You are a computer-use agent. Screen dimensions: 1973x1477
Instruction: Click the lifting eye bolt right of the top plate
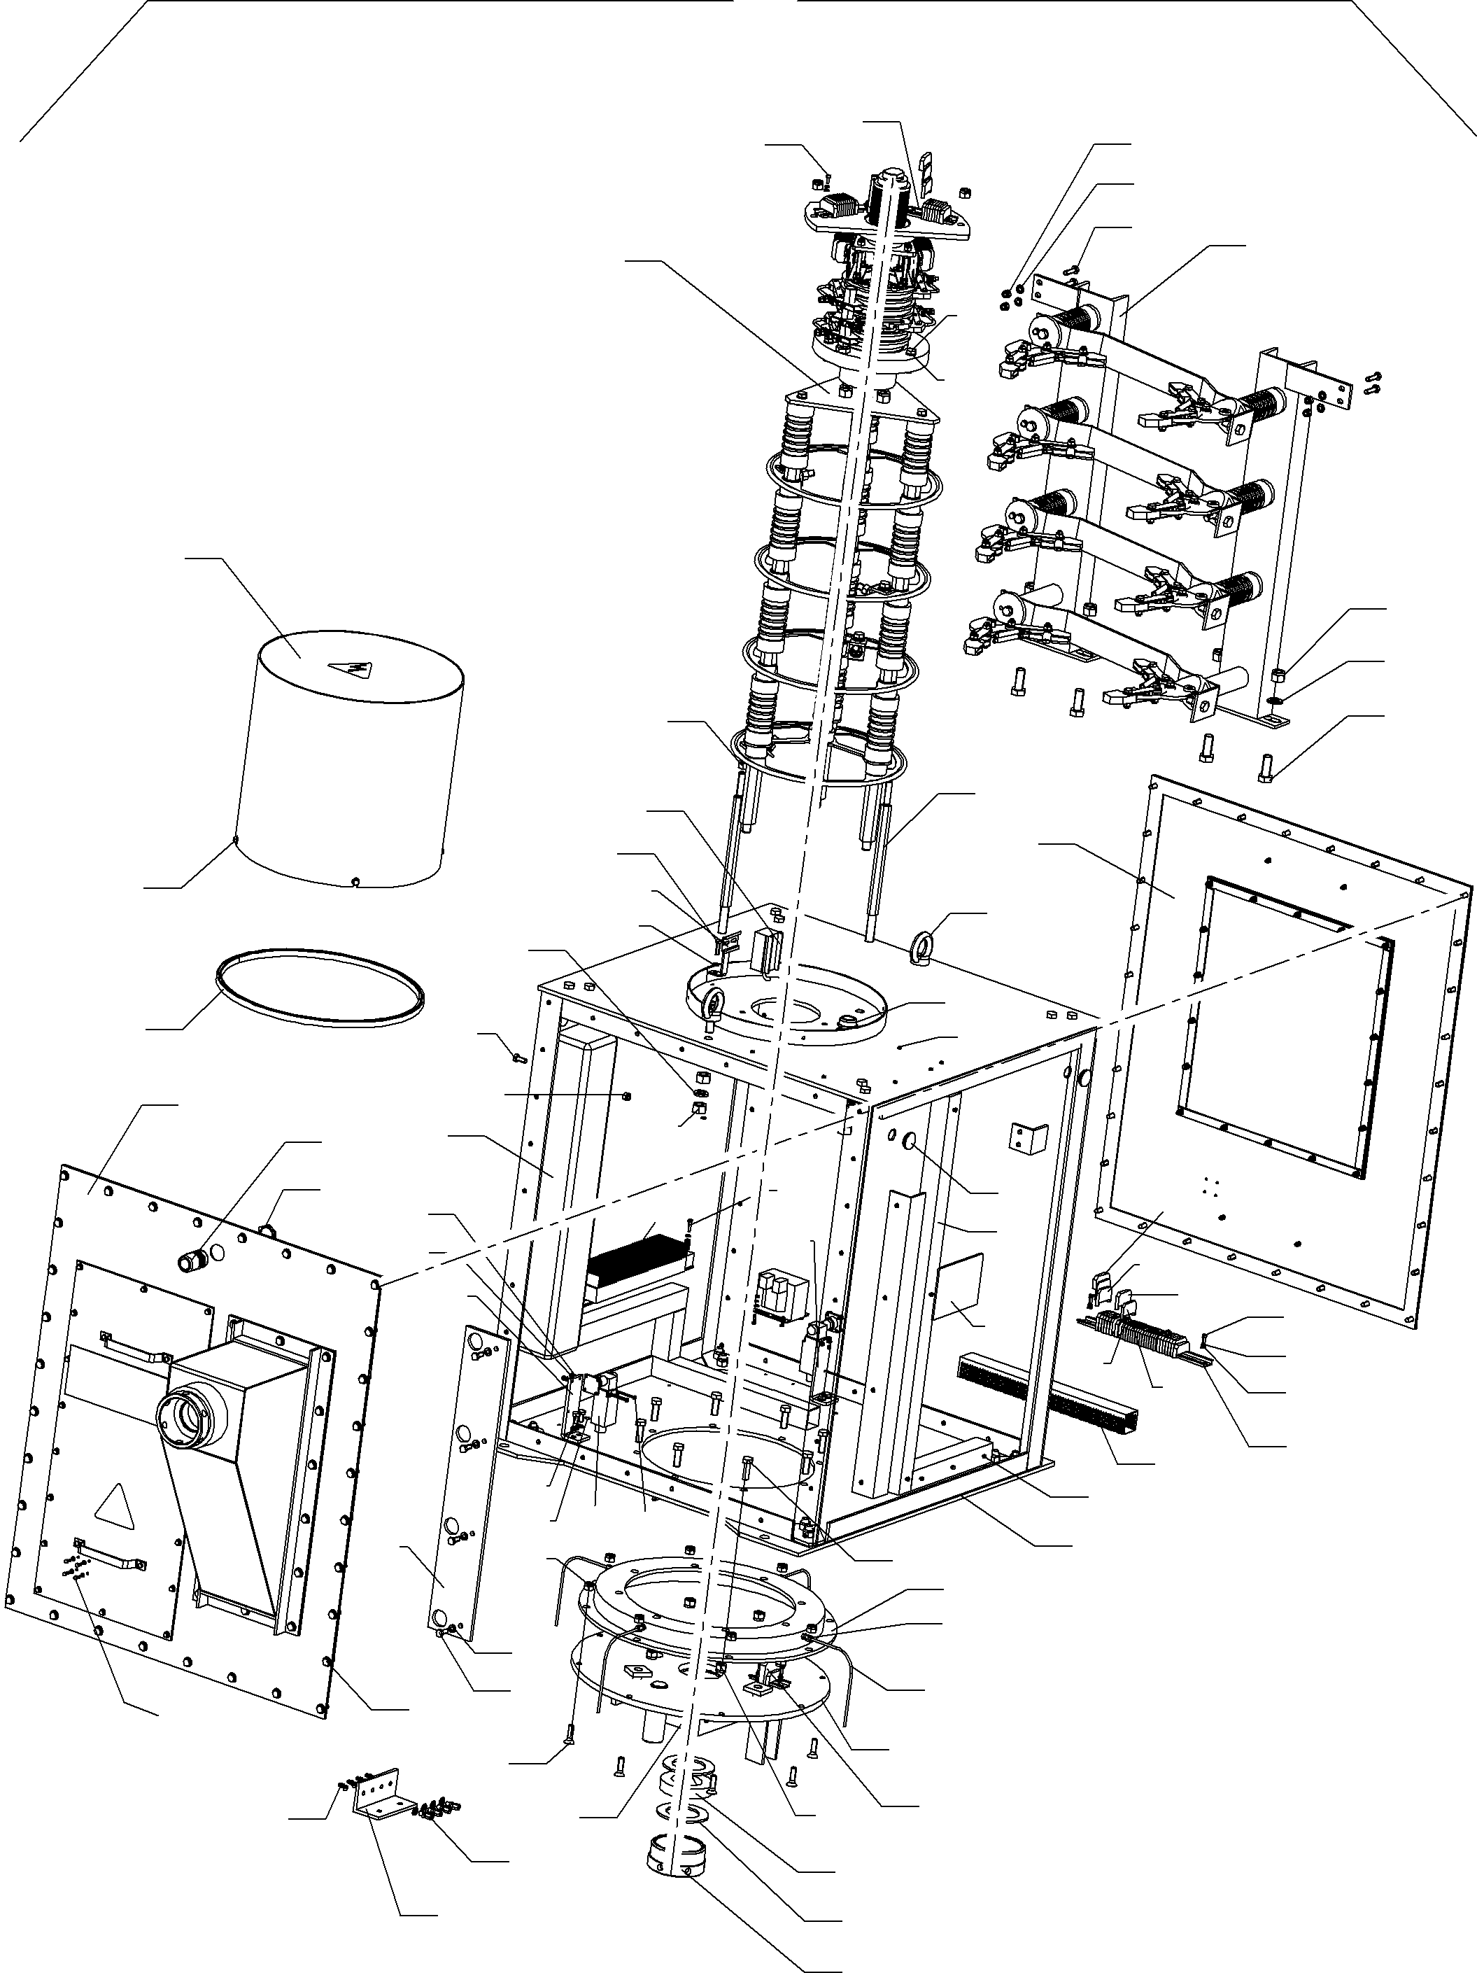[922, 942]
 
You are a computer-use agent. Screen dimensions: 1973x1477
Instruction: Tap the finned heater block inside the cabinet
[640, 1265]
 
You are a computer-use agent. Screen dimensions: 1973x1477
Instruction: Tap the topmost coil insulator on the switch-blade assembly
[1079, 319]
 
